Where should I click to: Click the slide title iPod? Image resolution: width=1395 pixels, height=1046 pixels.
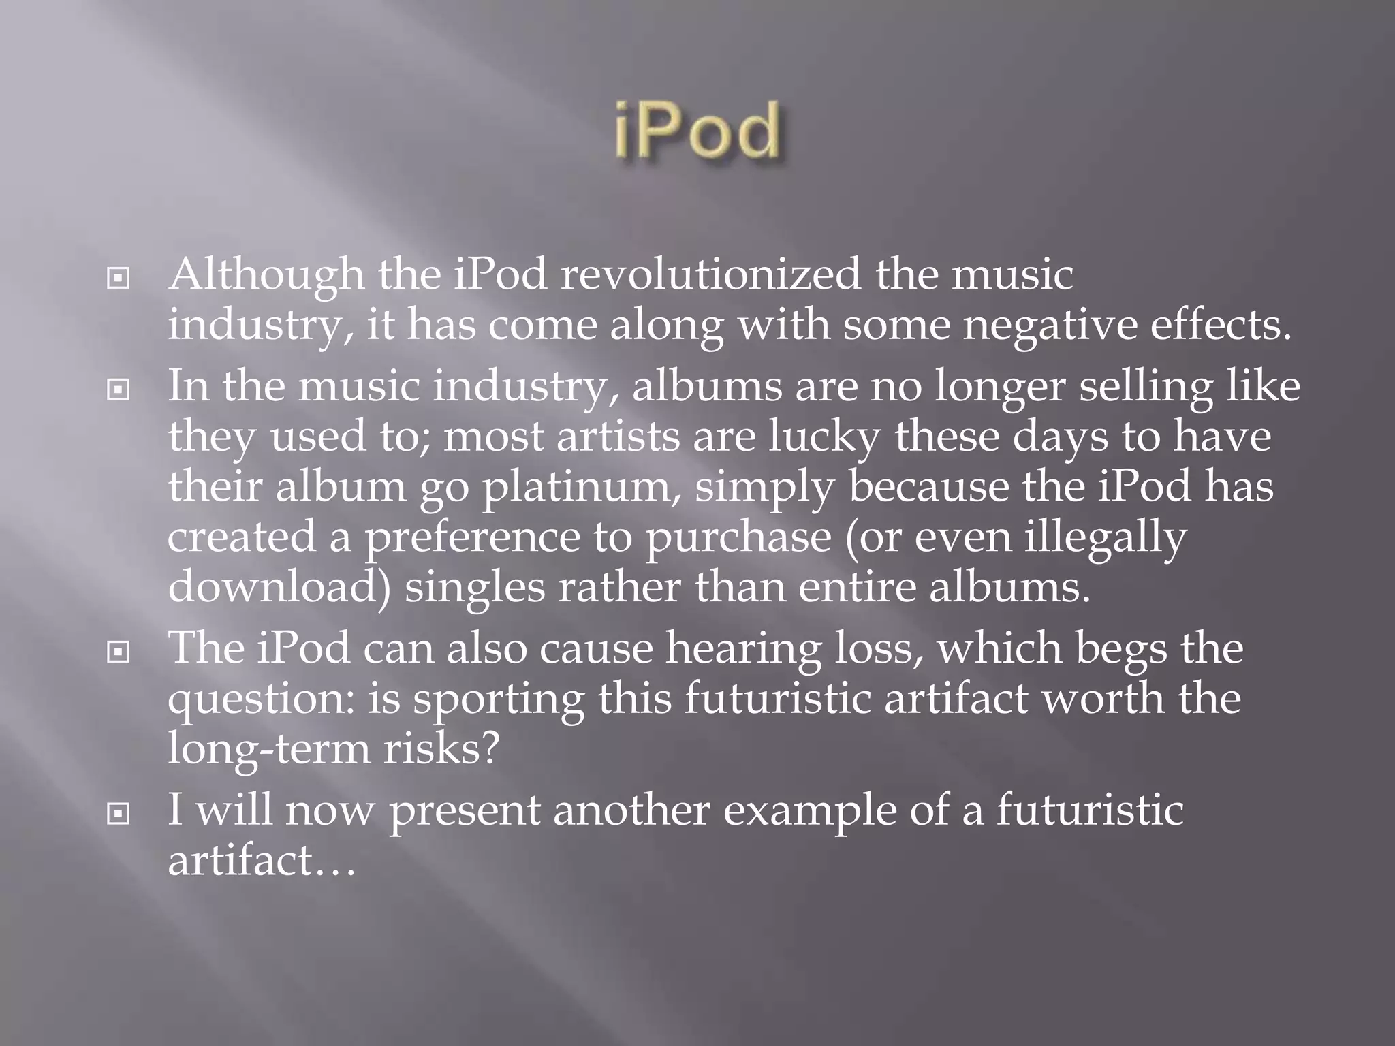(697, 131)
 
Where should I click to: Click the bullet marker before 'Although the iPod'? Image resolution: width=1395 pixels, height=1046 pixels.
(119, 278)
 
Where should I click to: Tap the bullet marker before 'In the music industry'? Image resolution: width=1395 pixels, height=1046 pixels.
(119, 390)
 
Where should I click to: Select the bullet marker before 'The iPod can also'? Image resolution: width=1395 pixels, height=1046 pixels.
(119, 652)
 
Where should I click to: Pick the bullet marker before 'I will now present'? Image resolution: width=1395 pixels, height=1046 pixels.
(119, 813)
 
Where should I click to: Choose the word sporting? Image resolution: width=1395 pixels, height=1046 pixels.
(499, 700)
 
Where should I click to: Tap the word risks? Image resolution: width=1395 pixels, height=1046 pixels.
(441, 749)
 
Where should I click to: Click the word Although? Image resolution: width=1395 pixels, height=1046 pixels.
(266, 276)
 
